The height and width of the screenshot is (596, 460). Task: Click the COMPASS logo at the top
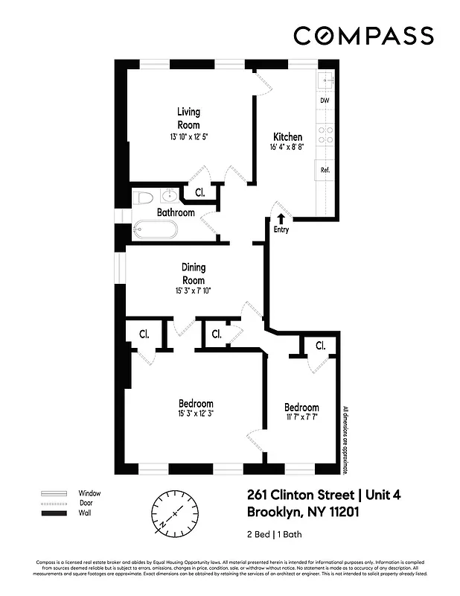362,35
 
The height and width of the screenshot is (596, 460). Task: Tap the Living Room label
188,118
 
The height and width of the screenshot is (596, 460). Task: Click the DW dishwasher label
325,100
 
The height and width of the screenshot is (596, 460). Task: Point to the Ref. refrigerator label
325,170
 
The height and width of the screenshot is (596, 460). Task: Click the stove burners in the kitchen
325,134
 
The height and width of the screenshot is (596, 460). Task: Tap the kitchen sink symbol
326,79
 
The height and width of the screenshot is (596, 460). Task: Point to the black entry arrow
281,218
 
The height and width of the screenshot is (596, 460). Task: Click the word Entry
281,229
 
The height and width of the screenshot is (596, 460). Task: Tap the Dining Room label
194,273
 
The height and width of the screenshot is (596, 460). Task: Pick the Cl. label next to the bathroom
199,192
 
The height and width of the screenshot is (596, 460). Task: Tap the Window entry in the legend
89,493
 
